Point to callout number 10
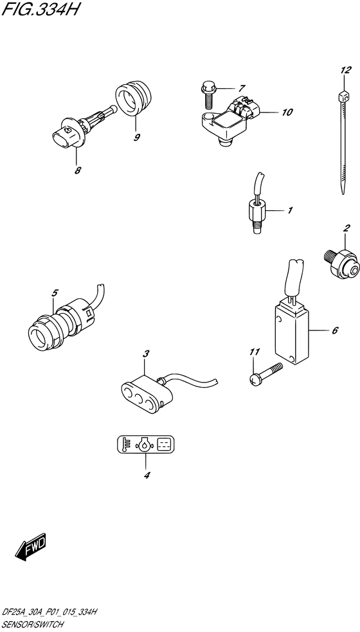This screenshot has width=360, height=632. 286,112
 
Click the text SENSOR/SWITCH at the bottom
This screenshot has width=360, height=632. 33,624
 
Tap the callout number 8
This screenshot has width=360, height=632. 77,170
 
